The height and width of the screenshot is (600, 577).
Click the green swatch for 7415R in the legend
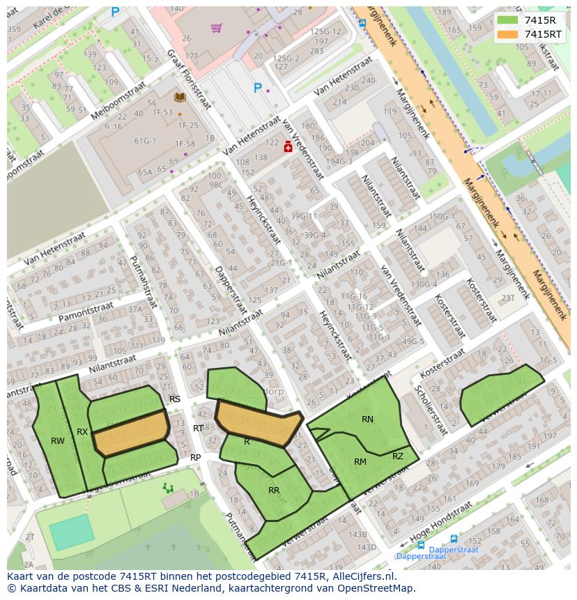[x=508, y=20]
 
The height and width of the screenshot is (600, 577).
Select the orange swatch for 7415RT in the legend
[x=508, y=34]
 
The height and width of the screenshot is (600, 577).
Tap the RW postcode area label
[x=58, y=441]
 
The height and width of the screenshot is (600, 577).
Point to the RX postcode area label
[x=82, y=432]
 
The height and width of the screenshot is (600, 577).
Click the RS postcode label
[x=175, y=399]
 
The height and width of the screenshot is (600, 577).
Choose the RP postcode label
[x=196, y=458]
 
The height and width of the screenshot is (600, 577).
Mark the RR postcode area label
[x=274, y=491]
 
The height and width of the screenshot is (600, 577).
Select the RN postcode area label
[x=367, y=420]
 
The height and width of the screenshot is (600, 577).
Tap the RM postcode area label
[x=360, y=462]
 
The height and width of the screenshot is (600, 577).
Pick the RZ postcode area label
[x=398, y=456]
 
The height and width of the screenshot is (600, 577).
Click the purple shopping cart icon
[x=216, y=28]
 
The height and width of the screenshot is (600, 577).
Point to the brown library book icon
[x=179, y=98]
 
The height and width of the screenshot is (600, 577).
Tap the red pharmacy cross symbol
[x=287, y=147]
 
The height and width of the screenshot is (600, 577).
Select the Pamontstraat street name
[x=86, y=311]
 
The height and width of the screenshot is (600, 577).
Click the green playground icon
[x=168, y=488]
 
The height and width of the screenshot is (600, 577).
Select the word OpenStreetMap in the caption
[x=375, y=588]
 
